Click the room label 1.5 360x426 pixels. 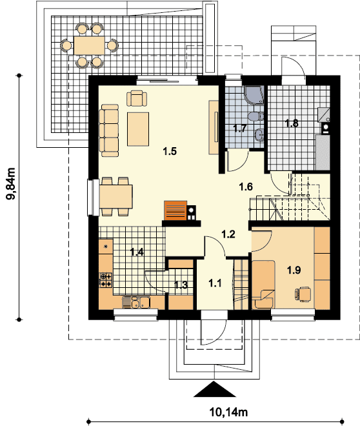[170, 151]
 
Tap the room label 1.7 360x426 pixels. [239, 128]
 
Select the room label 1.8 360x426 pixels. [292, 123]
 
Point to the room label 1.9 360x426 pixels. [294, 270]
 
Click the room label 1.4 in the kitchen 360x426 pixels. [137, 252]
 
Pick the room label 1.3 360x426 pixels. [181, 285]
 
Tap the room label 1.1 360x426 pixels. [215, 283]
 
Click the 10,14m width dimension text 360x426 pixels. [228, 412]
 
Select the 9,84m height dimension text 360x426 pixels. [11, 184]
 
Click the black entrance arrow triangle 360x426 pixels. [214, 389]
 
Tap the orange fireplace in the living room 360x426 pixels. [175, 210]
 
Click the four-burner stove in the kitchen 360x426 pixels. [106, 280]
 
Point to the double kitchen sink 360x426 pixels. [141, 302]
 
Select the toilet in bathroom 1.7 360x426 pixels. [256, 117]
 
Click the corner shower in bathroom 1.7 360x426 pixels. [254, 94]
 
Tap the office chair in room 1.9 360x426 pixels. [303, 294]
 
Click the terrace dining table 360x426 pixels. [89, 46]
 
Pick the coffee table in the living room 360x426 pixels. [138, 129]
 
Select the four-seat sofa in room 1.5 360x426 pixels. [109, 130]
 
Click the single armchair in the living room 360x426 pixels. [137, 98]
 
